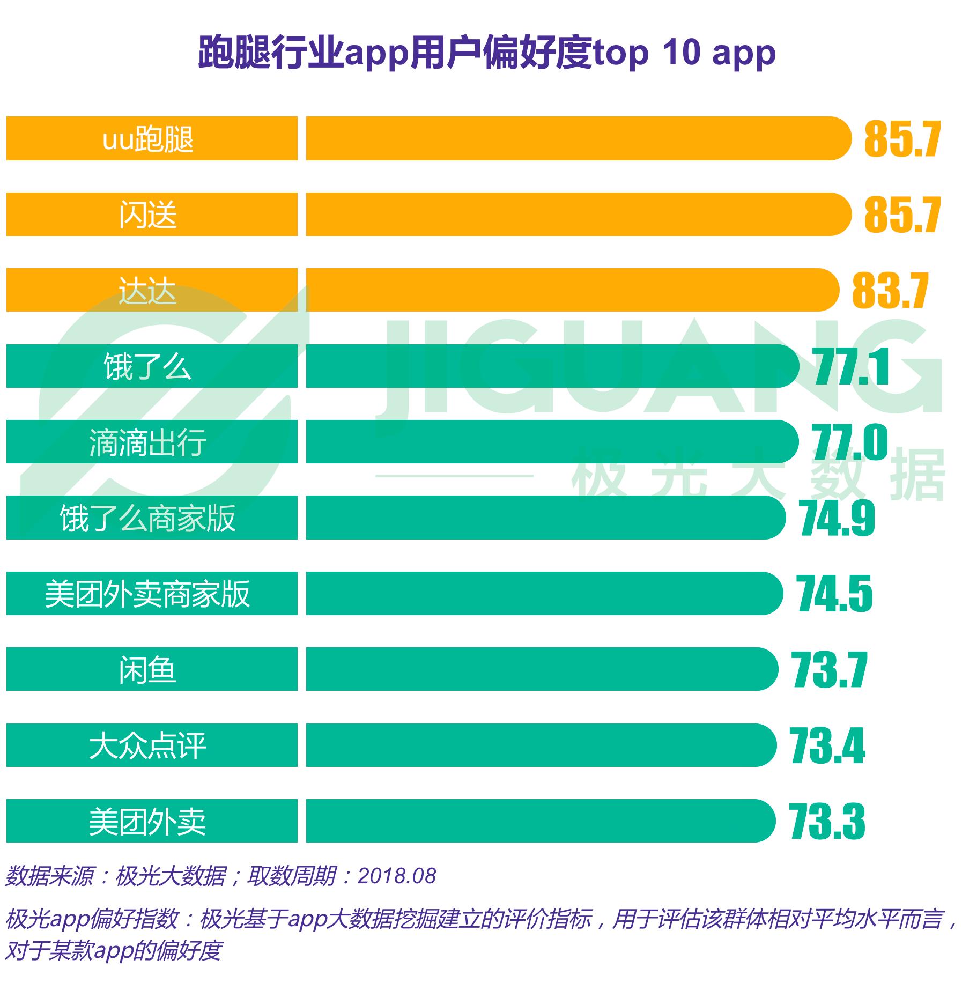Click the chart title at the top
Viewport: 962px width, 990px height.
pos(486,53)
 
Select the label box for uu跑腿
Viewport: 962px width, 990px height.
pos(152,139)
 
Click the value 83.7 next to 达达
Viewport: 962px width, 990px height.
pos(890,291)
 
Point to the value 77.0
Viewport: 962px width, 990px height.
pos(850,442)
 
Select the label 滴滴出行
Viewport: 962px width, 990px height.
pos(147,442)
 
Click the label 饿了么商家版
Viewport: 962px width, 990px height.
pos(147,518)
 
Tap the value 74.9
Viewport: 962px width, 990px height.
pos(837,519)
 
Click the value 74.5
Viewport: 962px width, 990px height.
pos(834,594)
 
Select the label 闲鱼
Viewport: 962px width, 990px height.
pos(147,670)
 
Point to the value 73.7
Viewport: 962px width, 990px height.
pos(829,670)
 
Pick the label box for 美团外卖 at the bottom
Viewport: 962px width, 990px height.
pos(152,821)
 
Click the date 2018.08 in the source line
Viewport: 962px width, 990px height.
pos(397,876)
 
